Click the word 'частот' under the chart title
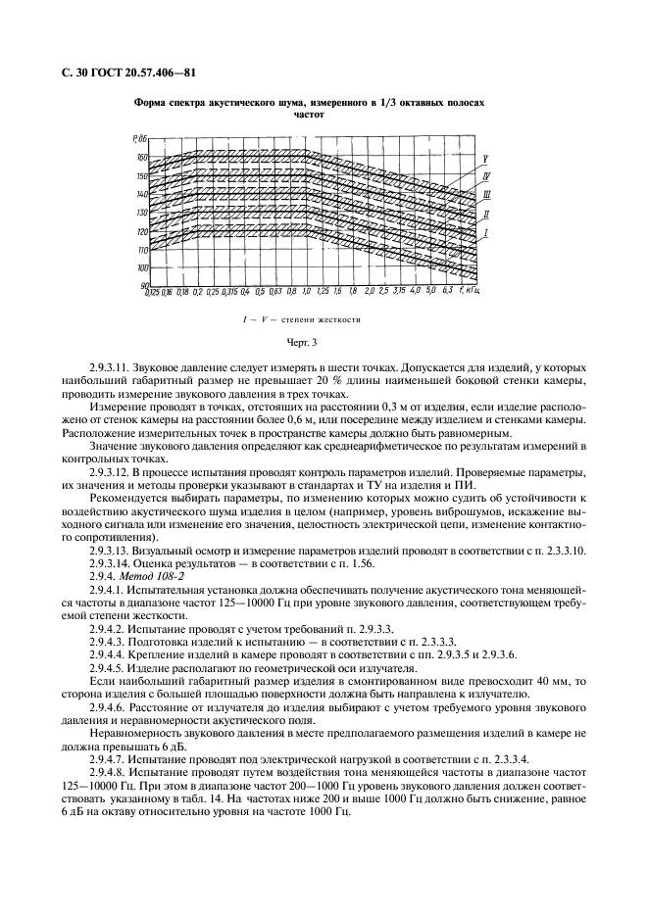(x=309, y=115)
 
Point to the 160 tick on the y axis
(x=142, y=158)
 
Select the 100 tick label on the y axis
(x=142, y=268)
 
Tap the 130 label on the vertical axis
(x=142, y=213)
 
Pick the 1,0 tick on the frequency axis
(x=306, y=292)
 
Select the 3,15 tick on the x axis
(x=399, y=292)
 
